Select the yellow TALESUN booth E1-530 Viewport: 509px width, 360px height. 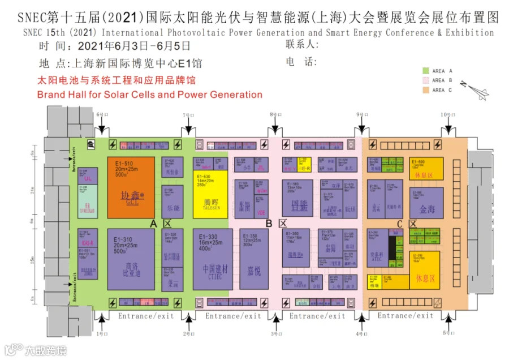[x=210, y=194]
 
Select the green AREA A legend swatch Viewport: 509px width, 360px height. [x=426, y=71]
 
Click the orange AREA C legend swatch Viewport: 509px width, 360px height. [x=426, y=89]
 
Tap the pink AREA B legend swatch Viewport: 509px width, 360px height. [x=426, y=80]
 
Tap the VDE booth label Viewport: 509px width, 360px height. [x=261, y=212]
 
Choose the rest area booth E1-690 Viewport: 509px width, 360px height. [x=427, y=168]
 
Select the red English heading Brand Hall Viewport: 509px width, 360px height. [x=149, y=95]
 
